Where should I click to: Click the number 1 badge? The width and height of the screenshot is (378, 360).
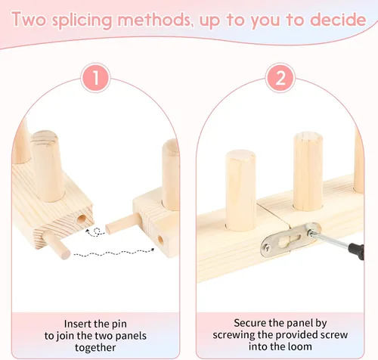coord(95,78)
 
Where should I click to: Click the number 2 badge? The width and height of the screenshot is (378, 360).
coord(280,78)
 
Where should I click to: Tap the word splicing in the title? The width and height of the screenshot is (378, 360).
coord(82,20)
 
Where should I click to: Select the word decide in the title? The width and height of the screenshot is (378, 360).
coord(338,20)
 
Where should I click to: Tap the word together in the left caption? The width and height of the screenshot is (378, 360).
coord(95,348)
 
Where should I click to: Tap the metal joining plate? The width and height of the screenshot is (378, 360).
coord(290,239)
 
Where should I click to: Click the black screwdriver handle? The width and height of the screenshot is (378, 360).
coord(356,251)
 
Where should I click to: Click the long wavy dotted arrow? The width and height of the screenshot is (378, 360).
coord(114,253)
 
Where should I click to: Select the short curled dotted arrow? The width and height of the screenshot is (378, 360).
coord(96,231)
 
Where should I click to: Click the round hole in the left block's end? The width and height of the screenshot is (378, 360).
coord(81,219)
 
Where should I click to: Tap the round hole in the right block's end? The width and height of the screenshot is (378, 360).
coord(160,240)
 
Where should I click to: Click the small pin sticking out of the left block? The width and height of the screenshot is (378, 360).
coord(56,244)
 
